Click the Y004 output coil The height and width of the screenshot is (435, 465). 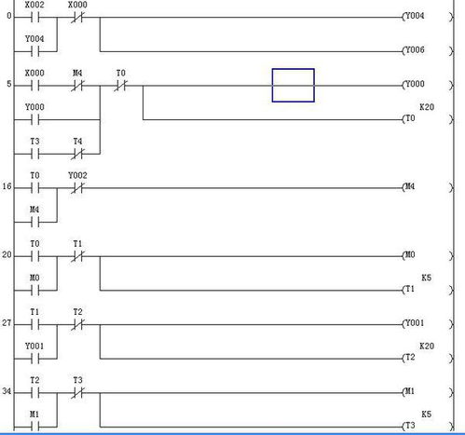[428, 17]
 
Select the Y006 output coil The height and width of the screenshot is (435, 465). [428, 50]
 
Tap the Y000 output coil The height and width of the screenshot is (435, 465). [428, 85]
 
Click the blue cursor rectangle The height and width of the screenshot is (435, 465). [294, 69]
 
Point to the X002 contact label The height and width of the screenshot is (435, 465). [34, 5]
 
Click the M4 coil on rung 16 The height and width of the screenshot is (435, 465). [428, 187]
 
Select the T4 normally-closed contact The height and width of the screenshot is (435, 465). [77, 154]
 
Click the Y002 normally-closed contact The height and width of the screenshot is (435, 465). [77, 188]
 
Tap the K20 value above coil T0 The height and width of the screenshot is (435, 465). [427, 107]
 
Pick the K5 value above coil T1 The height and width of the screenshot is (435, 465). [427, 278]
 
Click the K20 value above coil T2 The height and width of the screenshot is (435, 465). [427, 346]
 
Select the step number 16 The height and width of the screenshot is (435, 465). [7, 186]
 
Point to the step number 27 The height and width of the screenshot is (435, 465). [7, 323]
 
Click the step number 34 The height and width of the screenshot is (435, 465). [7, 391]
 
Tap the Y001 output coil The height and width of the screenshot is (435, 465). [428, 324]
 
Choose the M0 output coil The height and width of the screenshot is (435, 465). [428, 255]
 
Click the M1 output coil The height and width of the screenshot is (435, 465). [428, 392]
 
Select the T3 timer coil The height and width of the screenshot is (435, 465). [428, 426]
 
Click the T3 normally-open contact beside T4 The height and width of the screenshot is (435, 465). [35, 154]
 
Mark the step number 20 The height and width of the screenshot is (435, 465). [7, 255]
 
